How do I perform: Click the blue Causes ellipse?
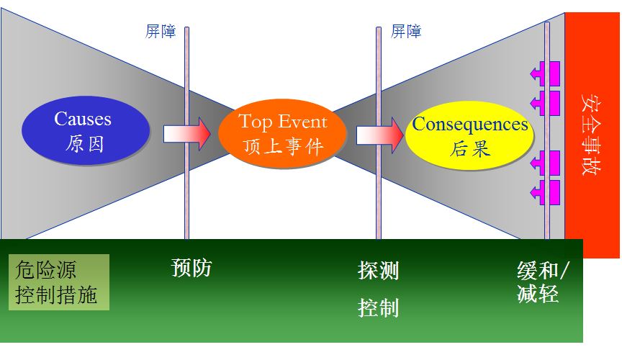tap(86, 130)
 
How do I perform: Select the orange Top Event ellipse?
tap(282, 133)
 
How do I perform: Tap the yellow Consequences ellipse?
tap(469, 135)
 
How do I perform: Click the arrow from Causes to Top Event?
tap(187, 134)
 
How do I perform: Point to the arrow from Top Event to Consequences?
tap(379, 135)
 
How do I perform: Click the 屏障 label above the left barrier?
tap(161, 32)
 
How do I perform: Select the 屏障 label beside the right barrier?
tap(406, 32)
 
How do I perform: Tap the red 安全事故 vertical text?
tap(591, 134)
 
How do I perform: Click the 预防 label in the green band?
tap(191, 268)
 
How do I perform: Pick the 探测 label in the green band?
tap(379, 270)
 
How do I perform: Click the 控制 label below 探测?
tap(379, 307)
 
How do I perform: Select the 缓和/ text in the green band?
tap(543, 270)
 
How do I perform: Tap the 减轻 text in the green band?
tap(538, 294)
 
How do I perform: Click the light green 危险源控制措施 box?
tap(59, 282)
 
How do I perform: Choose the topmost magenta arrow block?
tap(545, 73)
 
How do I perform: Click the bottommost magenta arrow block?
tap(545, 192)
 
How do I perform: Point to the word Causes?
tap(83, 119)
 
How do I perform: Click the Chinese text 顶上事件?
tap(283, 146)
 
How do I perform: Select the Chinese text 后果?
tap(471, 149)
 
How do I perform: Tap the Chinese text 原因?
tap(85, 144)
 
